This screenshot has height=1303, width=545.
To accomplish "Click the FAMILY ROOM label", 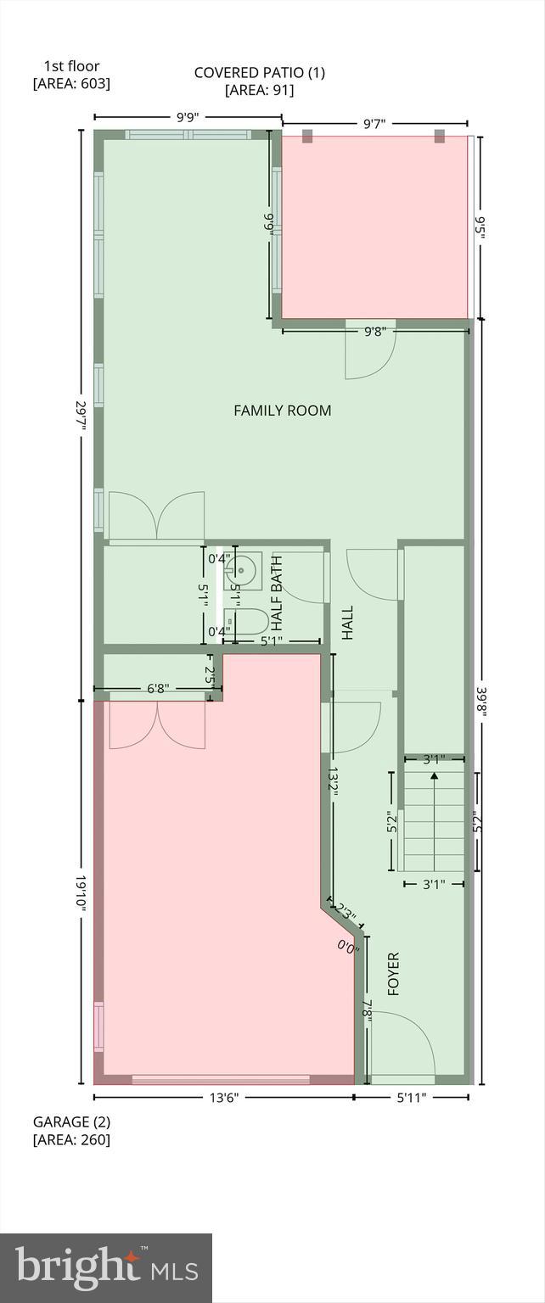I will pyautogui.click(x=283, y=411).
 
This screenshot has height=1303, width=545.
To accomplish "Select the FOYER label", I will pyautogui.click(x=393, y=974).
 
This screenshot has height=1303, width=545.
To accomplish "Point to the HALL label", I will pyautogui.click(x=347, y=622).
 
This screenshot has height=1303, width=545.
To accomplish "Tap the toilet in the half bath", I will pyautogui.click(x=248, y=623).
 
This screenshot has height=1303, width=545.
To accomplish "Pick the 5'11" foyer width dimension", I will pyautogui.click(x=411, y=1097).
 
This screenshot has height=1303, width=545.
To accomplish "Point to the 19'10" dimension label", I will pyautogui.click(x=82, y=893).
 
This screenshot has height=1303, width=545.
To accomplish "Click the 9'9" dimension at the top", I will pyautogui.click(x=188, y=118).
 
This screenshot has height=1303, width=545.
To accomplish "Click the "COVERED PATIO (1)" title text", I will pyautogui.click(x=260, y=73).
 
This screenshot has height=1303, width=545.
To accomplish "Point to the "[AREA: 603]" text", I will pyautogui.click(x=71, y=83).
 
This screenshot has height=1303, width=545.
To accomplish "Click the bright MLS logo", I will pyautogui.click(x=106, y=1268).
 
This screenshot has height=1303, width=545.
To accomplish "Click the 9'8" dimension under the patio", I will pyautogui.click(x=375, y=331).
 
